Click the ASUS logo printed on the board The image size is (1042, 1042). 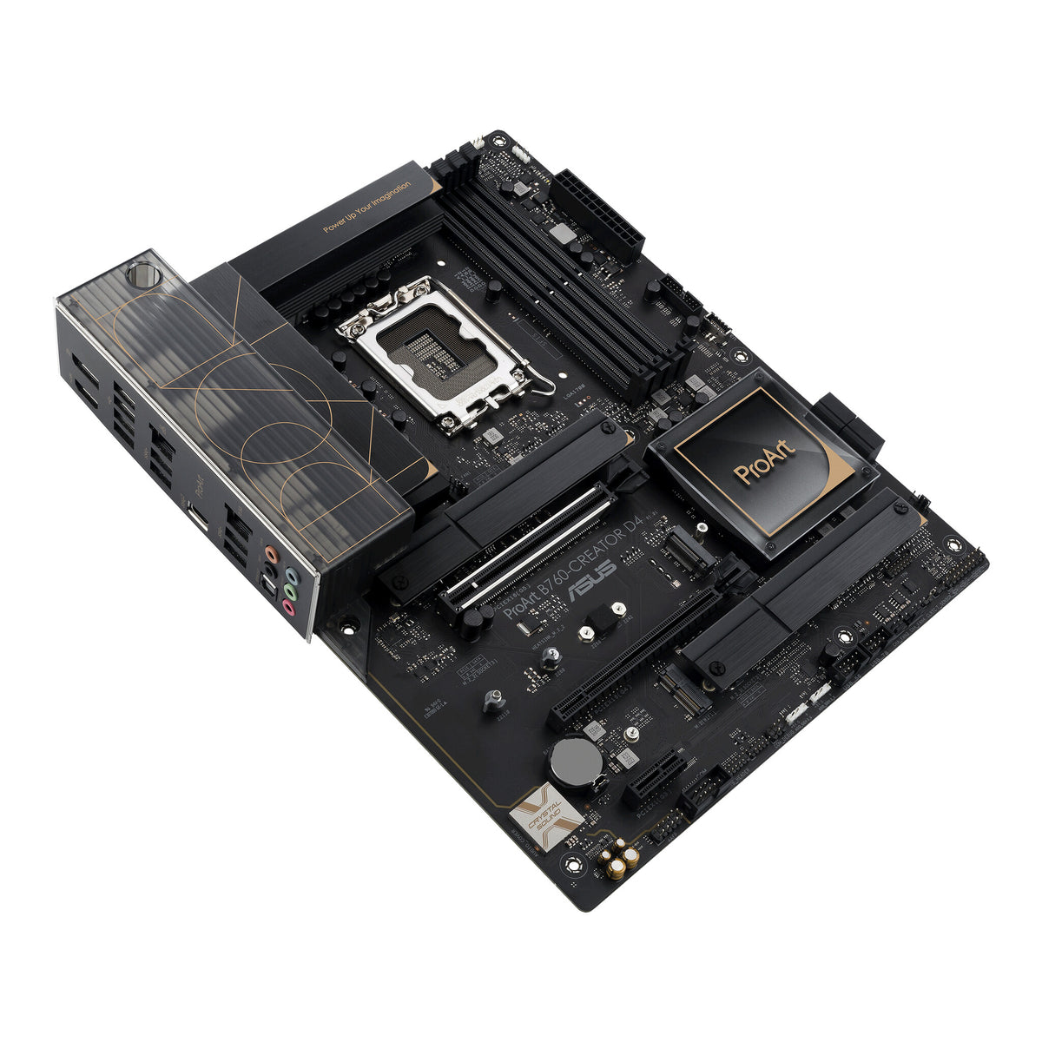click(591, 579)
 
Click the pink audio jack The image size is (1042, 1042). click(287, 610)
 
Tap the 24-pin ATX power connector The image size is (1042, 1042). click(599, 208)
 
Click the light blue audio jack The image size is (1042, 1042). click(293, 576)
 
